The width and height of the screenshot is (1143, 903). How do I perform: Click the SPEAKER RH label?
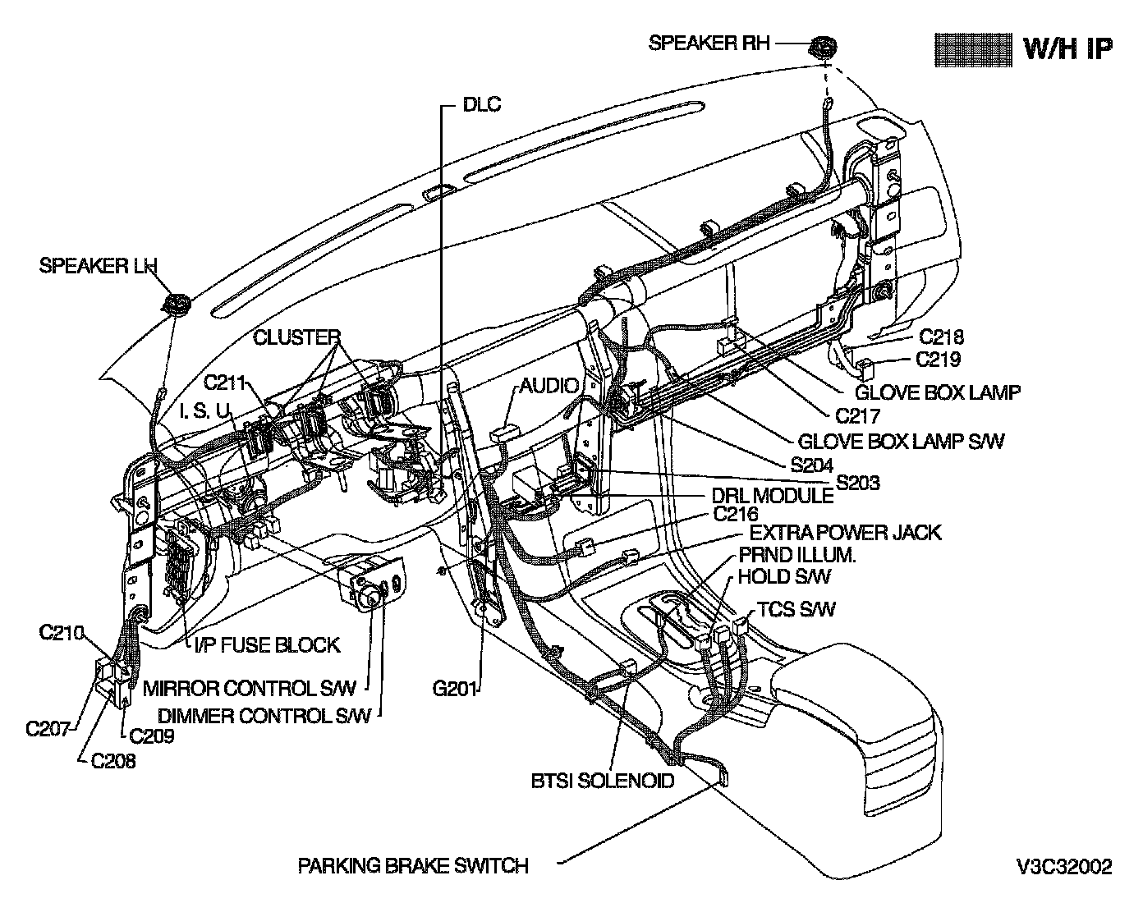click(x=709, y=43)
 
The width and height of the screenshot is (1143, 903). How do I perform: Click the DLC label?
click(x=481, y=104)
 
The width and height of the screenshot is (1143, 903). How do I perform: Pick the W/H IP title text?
click(x=1068, y=48)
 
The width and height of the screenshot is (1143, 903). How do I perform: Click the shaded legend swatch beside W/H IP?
click(x=973, y=49)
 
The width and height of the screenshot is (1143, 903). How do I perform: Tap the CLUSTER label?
click(x=296, y=337)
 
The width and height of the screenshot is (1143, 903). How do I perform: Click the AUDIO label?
click(x=549, y=385)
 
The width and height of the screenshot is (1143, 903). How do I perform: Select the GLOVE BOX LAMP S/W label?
click(x=901, y=441)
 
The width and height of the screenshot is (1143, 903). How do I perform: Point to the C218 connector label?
click(x=941, y=336)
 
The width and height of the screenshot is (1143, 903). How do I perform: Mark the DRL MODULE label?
click(x=771, y=496)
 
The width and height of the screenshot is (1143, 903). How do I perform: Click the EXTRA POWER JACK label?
click(x=846, y=533)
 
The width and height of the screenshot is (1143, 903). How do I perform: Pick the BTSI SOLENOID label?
click(x=603, y=780)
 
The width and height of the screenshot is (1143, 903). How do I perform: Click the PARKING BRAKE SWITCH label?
click(x=413, y=865)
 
